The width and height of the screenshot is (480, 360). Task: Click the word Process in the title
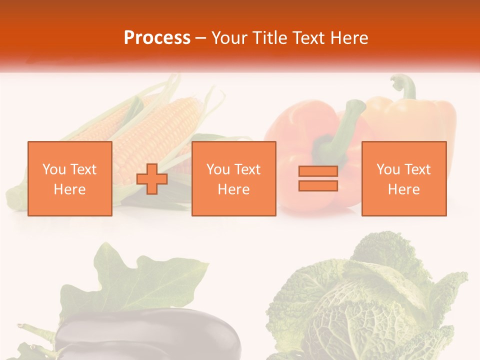click(x=157, y=38)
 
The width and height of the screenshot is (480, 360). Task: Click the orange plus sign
click(x=152, y=179)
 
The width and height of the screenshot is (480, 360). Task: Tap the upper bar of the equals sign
click(x=318, y=171)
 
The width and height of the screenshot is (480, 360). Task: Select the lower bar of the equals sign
click(x=318, y=185)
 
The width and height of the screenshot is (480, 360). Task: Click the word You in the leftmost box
click(x=54, y=169)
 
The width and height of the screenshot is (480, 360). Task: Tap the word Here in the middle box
click(x=233, y=189)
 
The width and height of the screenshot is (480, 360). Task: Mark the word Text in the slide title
click(x=307, y=38)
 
